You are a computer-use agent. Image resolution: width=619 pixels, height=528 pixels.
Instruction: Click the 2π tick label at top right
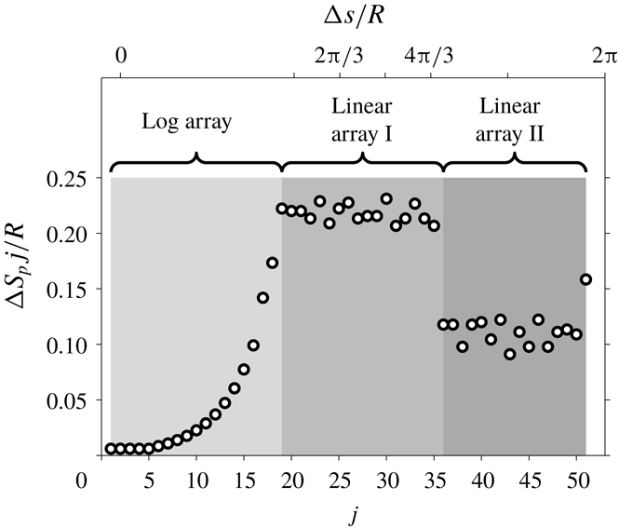603,58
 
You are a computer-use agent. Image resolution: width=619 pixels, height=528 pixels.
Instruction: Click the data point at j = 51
585,278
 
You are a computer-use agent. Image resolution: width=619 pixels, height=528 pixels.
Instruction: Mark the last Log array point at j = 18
272,263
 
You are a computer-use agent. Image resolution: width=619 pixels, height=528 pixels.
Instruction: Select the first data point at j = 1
111,449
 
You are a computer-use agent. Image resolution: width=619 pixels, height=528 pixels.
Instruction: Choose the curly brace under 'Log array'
196,164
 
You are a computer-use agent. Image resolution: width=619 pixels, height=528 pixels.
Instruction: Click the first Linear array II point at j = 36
443,324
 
